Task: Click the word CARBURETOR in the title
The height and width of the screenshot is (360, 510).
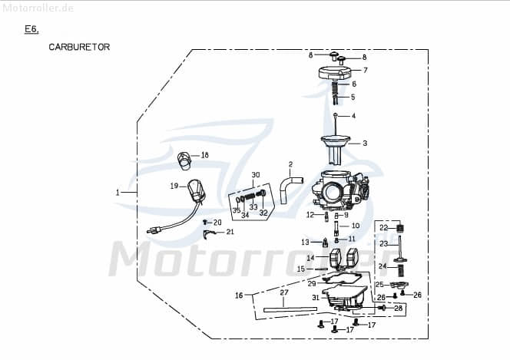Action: tap(79, 47)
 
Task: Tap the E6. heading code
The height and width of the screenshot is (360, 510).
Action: tap(31, 29)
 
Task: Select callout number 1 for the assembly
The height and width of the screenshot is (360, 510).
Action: tap(118, 193)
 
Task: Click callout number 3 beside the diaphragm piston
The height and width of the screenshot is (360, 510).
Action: tap(365, 144)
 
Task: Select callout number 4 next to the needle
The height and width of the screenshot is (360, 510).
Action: tap(353, 116)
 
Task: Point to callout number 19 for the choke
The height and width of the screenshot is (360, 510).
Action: tap(174, 186)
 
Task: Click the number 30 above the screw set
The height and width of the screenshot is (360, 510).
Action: tap(256, 175)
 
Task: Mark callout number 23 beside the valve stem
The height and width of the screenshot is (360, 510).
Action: tap(383, 243)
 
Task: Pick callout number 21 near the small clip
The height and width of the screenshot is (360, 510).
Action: tap(230, 231)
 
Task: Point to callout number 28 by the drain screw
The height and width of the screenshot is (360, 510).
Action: tap(398, 308)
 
